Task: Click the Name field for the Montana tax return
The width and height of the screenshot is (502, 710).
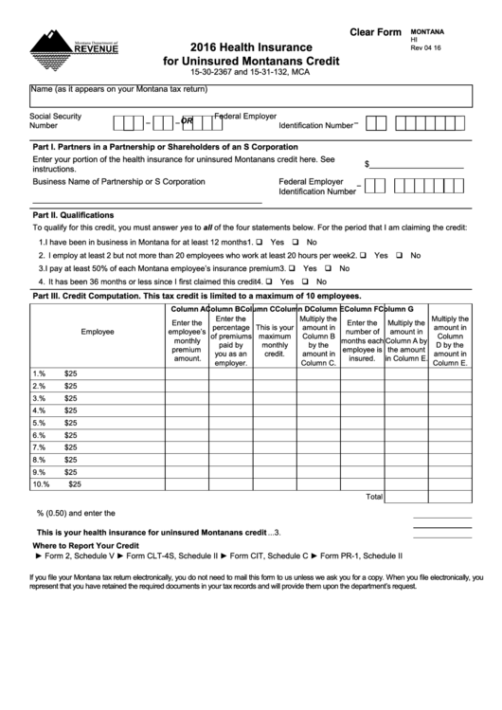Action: tap(250, 95)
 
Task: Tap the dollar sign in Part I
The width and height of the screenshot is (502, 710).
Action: tap(368, 163)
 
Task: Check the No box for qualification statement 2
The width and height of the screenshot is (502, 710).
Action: tap(401, 255)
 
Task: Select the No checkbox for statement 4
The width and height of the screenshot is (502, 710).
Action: tap(306, 282)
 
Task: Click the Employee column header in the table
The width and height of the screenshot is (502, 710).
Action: tap(98, 333)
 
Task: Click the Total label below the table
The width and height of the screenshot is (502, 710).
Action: tap(374, 496)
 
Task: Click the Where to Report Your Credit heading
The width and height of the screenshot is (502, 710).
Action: tap(86, 547)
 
